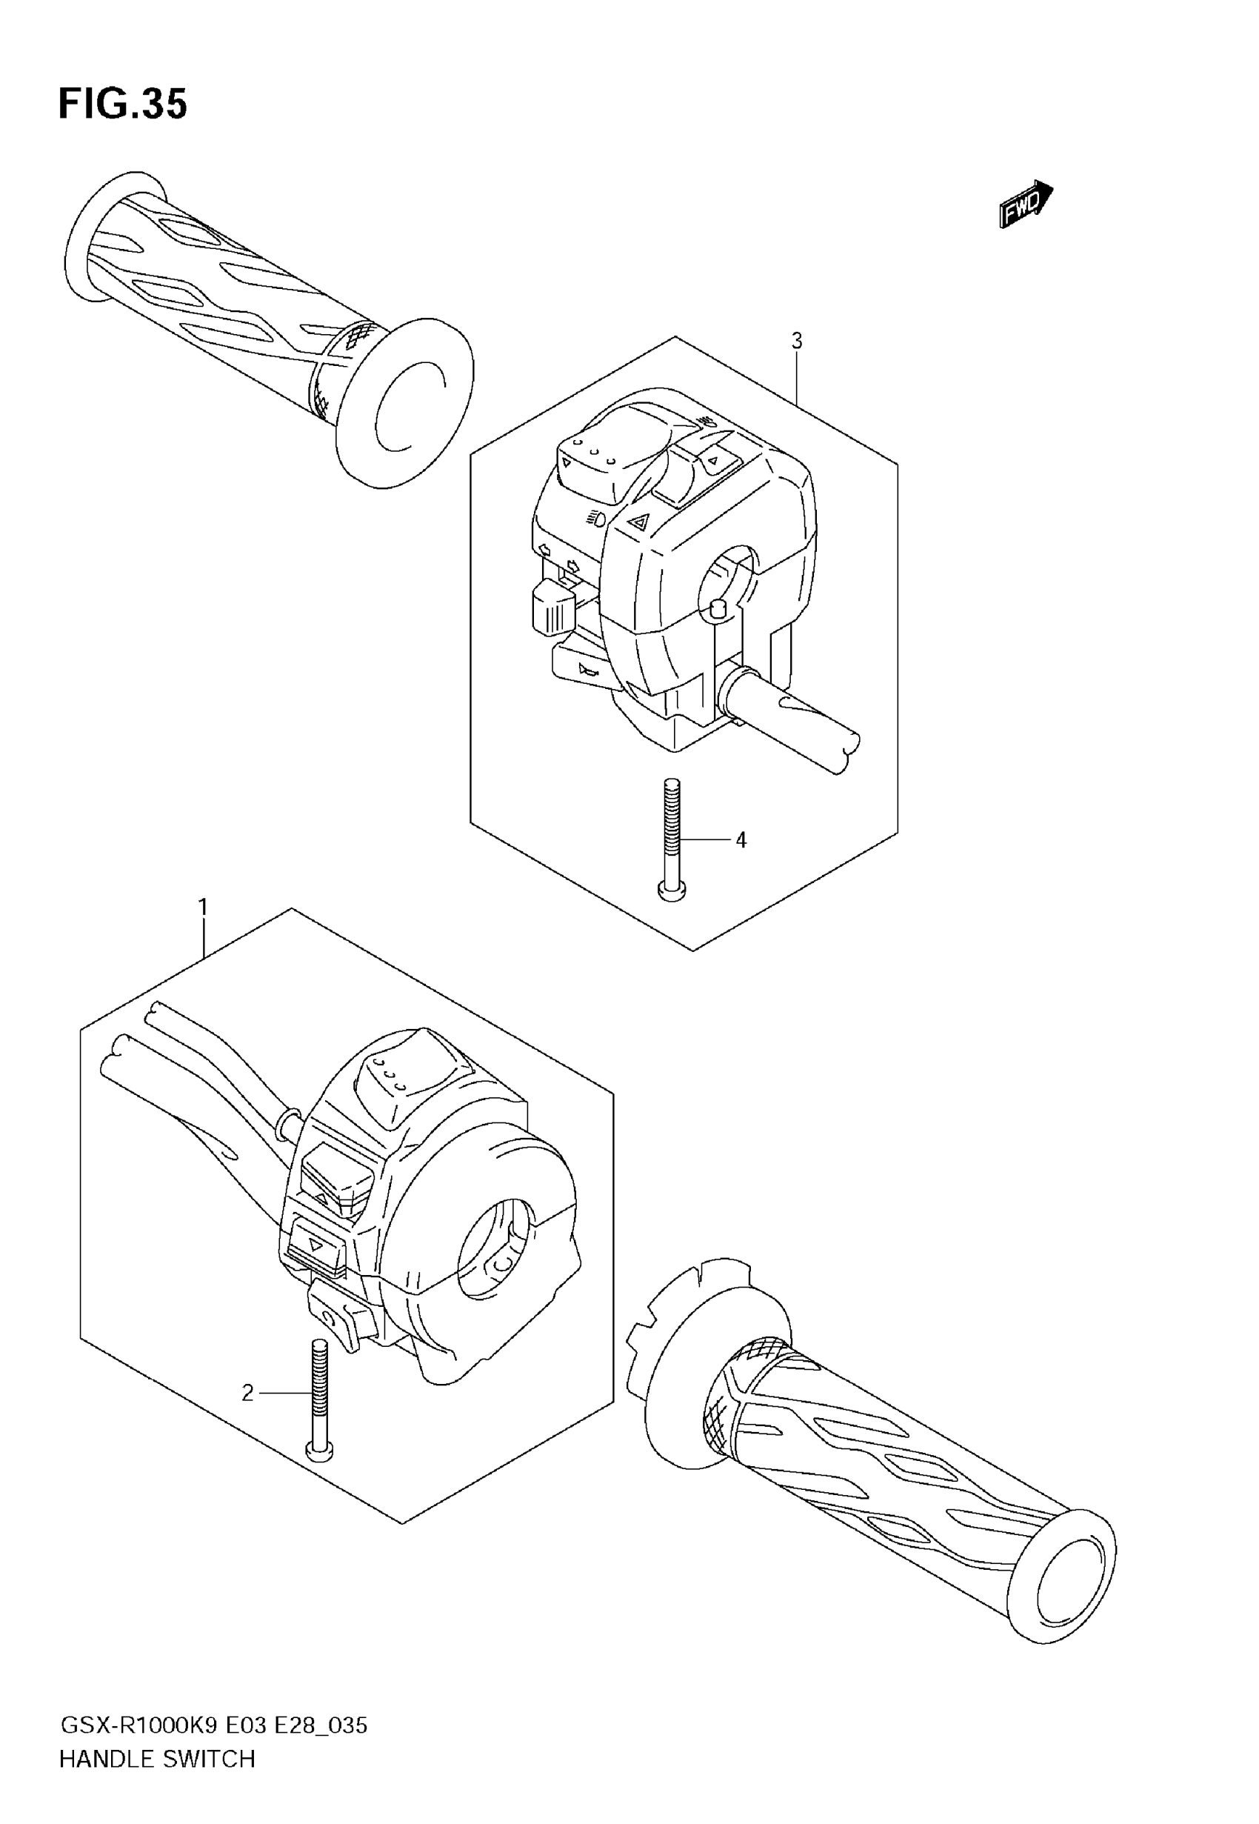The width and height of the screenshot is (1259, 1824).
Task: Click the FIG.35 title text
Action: point(123,104)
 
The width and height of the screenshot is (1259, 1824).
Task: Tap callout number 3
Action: point(797,341)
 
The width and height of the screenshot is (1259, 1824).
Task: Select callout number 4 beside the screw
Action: point(741,840)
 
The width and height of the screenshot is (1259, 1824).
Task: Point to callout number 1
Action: point(203,908)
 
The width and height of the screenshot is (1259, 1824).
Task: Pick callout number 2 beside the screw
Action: point(247,1394)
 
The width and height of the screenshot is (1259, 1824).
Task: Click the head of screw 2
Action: point(319,1449)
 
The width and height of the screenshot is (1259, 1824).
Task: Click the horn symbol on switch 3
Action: point(588,670)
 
